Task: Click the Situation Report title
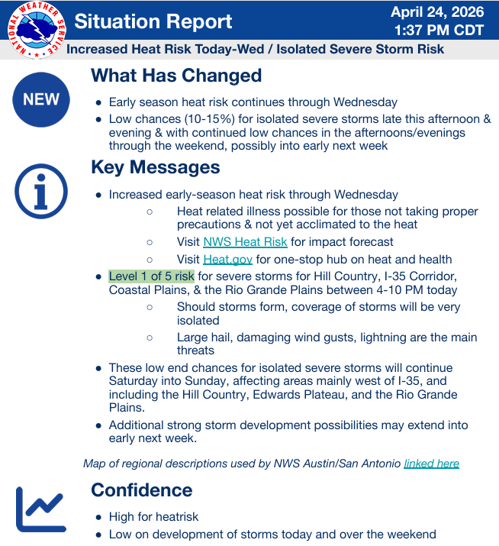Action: click(153, 21)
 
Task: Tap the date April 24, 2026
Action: click(438, 12)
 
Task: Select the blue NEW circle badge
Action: click(41, 99)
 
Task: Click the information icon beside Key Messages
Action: click(41, 191)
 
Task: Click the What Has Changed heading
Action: click(176, 76)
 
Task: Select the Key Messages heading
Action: click(156, 167)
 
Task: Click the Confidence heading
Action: click(142, 489)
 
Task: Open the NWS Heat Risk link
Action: click(245, 242)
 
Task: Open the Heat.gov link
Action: click(227, 259)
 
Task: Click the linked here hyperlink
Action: click(431, 463)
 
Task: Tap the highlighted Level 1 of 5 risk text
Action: click(152, 276)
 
